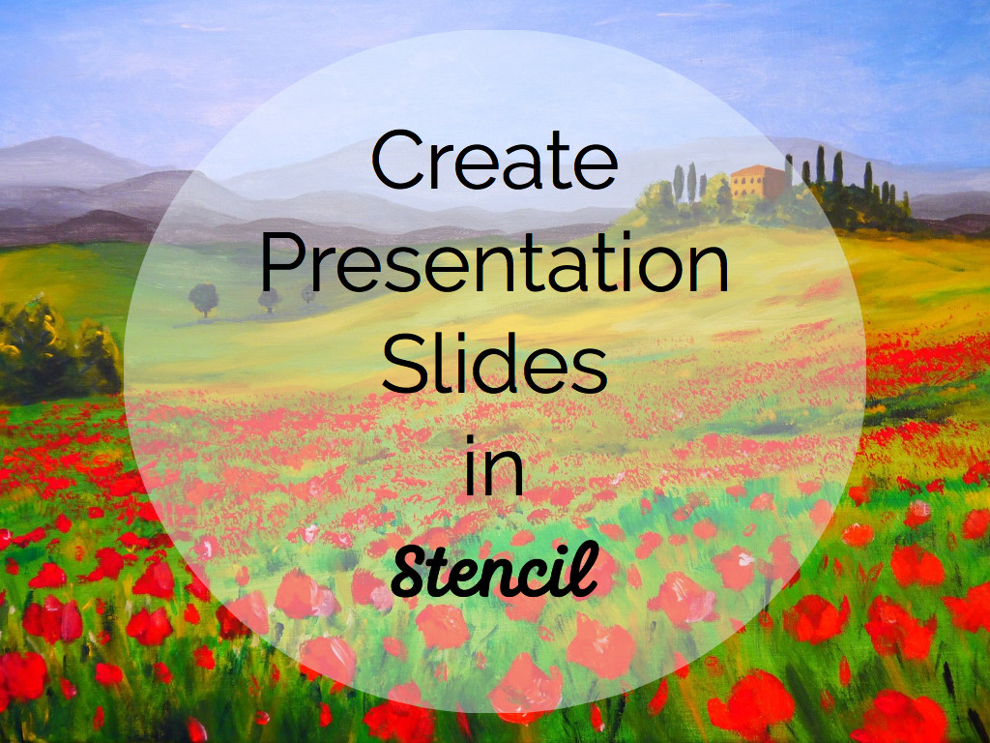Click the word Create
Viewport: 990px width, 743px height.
(494, 160)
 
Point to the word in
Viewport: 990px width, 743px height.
(494, 464)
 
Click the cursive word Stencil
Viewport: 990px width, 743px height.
(494, 570)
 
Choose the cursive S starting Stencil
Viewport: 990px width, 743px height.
(414, 571)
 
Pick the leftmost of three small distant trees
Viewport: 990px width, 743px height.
(203, 300)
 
